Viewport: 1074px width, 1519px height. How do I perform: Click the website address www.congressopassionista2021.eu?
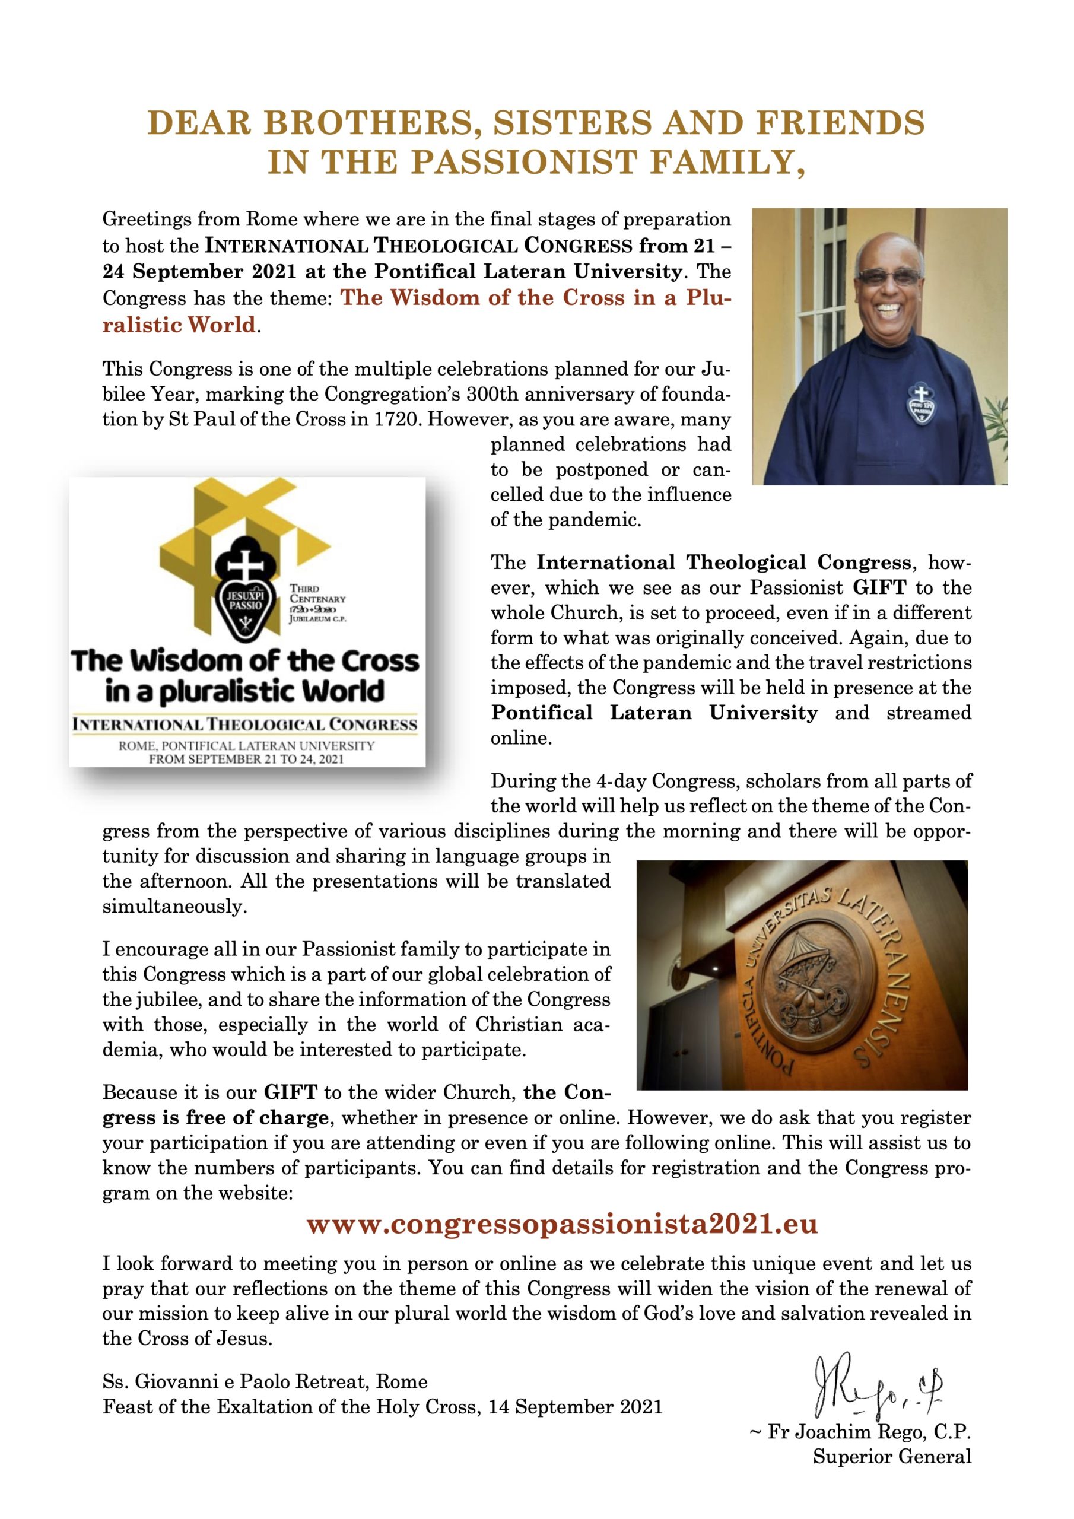tap(562, 1225)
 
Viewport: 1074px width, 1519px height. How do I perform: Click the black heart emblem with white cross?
tap(246, 593)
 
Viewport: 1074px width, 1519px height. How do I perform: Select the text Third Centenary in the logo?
tap(317, 593)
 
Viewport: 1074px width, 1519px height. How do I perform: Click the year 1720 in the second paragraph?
tap(395, 420)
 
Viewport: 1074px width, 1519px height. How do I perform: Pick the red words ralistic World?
tap(179, 325)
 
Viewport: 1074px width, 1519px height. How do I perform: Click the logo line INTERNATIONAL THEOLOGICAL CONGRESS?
tap(245, 724)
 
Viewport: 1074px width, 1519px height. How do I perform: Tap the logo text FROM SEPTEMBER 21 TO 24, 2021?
tap(246, 759)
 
